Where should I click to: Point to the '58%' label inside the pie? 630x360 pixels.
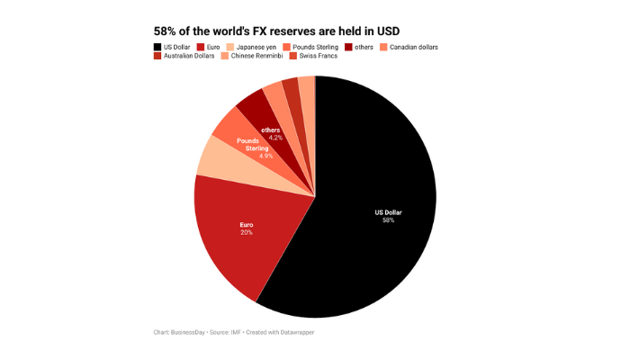click(388, 220)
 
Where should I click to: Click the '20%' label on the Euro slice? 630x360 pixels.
click(246, 232)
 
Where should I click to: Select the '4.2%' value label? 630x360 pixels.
click(275, 138)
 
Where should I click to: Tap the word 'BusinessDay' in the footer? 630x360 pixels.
click(191, 333)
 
